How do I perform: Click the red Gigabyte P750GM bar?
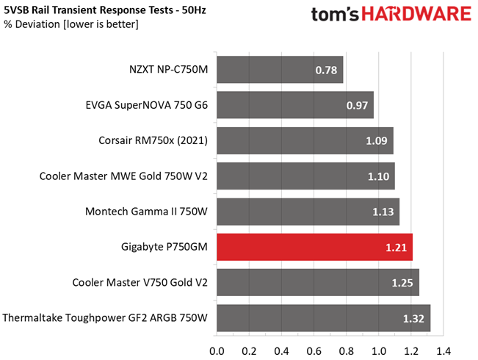[x=314, y=247]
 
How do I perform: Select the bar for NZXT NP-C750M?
[x=280, y=70]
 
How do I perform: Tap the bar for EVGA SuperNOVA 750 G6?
[x=295, y=105]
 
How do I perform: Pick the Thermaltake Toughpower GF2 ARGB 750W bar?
[x=324, y=318]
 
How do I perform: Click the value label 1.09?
[x=377, y=140]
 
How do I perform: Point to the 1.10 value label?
[x=378, y=176]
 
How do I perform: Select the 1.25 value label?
[x=402, y=283]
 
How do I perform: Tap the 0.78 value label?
[x=326, y=71]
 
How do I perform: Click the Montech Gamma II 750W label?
[x=146, y=211]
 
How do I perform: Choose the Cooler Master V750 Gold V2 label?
[x=140, y=282]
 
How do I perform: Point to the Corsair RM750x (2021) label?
[x=153, y=140]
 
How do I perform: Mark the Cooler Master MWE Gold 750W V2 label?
[x=123, y=176]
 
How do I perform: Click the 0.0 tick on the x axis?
[x=217, y=351]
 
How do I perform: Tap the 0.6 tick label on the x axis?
[x=314, y=351]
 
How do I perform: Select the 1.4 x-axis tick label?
[x=443, y=351]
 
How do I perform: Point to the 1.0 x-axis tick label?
[x=379, y=351]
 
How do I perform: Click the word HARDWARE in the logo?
[x=417, y=14]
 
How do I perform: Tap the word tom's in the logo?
[x=335, y=15]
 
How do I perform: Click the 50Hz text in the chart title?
[x=194, y=10]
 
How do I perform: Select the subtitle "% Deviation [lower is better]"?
[x=71, y=24]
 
